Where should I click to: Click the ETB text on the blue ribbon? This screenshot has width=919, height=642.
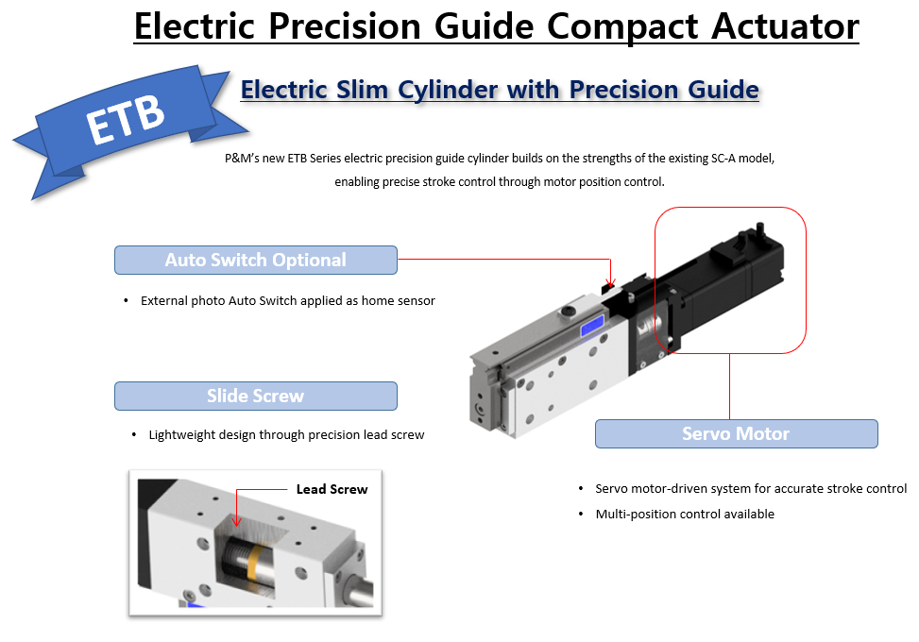[x=126, y=121]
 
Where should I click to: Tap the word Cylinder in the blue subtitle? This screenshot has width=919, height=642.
[x=437, y=90]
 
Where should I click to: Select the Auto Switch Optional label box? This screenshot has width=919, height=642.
[x=255, y=261]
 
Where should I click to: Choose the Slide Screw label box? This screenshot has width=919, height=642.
[x=255, y=397]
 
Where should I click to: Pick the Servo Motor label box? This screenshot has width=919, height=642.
[x=736, y=434]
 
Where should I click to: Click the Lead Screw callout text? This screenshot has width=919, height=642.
[x=332, y=489]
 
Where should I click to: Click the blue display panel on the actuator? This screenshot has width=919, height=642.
[x=593, y=327]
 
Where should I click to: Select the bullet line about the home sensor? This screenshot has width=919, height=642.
[x=287, y=301]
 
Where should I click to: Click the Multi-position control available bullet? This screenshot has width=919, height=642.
[x=684, y=515]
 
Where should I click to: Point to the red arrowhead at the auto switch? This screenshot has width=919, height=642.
[x=611, y=282]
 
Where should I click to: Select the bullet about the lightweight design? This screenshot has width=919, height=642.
[x=286, y=435]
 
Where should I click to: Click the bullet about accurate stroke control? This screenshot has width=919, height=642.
[x=750, y=489]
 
